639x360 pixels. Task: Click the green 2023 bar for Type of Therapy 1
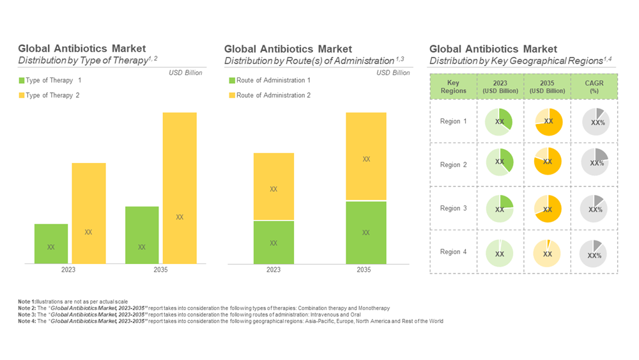point(51,244)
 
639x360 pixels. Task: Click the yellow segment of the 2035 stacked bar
point(366,157)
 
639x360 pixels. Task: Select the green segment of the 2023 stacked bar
point(273,242)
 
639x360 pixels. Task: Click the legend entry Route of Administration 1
point(273,81)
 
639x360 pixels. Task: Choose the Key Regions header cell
point(453,86)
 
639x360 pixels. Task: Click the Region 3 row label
point(453,208)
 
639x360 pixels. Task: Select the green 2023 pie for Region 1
point(500,121)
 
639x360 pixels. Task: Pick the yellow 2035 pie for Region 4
point(548,254)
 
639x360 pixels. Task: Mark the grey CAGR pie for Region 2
point(595,162)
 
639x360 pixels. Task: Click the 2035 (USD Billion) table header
point(548,86)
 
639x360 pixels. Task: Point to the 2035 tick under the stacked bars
point(364,270)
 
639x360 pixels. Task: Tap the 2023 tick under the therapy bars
point(68,270)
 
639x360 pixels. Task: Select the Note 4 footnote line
point(230,321)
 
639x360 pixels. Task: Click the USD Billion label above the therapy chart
point(185,73)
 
